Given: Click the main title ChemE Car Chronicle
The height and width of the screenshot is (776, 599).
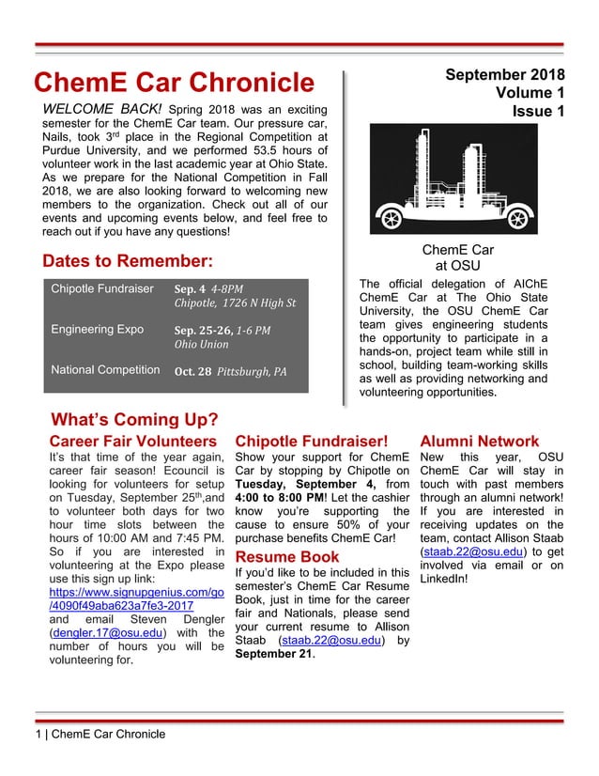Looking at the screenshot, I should (x=174, y=83).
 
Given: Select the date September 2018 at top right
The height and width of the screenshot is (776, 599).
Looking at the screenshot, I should (x=504, y=74).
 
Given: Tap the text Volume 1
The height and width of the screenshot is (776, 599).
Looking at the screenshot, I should (x=530, y=93).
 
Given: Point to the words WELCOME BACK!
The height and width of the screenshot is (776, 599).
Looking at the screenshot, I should (x=104, y=109).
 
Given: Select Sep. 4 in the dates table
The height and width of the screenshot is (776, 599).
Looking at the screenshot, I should (x=191, y=288).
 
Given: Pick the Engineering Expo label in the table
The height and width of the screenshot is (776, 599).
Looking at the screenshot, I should (x=97, y=330).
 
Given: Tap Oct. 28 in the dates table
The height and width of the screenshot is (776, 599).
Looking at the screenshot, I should (x=192, y=371).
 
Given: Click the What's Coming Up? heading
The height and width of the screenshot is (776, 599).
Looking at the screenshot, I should (x=134, y=419).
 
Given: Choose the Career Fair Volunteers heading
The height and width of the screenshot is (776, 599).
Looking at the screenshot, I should (x=132, y=441).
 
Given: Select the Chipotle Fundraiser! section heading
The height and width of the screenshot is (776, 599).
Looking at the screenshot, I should (x=311, y=441).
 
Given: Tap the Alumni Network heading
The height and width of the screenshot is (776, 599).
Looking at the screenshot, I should (x=480, y=441).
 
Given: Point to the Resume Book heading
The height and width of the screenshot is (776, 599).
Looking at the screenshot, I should (x=286, y=557).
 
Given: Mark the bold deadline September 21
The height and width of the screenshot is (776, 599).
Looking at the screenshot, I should (x=273, y=654).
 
